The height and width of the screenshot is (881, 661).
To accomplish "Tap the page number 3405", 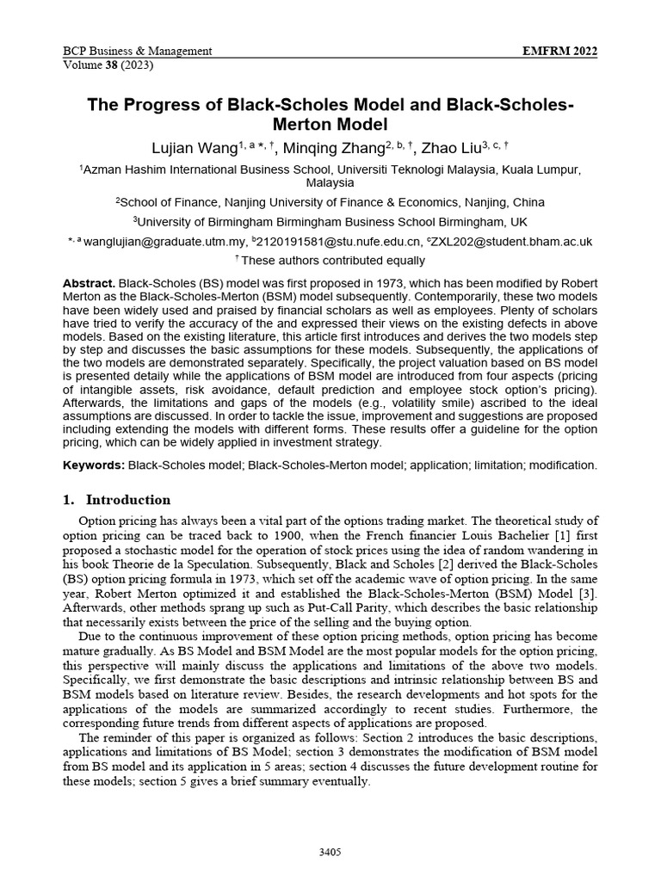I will tap(330, 853).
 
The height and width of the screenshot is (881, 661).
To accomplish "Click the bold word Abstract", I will tap(89, 283).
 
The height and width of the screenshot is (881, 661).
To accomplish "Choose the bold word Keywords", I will tap(94, 465).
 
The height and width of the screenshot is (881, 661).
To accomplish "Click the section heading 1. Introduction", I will tap(117, 500).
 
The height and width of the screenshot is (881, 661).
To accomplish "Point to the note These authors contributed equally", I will tap(333, 260).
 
